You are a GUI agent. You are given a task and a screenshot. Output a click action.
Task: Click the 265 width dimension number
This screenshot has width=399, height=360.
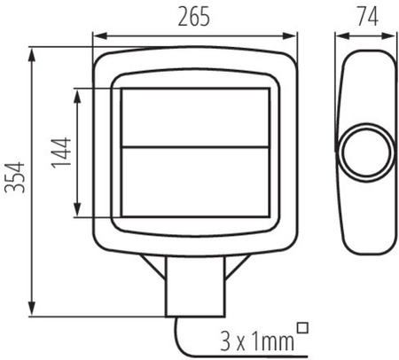pyautogui.click(x=194, y=19)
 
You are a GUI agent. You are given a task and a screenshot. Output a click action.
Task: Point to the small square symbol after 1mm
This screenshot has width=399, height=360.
pyautogui.click(x=305, y=328)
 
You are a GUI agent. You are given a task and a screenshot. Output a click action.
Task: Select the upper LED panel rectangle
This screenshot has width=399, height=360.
pyautogui.click(x=195, y=117)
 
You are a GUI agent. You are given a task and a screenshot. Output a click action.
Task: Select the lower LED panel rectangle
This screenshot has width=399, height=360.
pyautogui.click(x=195, y=181)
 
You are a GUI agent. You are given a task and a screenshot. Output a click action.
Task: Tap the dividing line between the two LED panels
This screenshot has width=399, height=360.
pyautogui.click(x=195, y=147)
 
